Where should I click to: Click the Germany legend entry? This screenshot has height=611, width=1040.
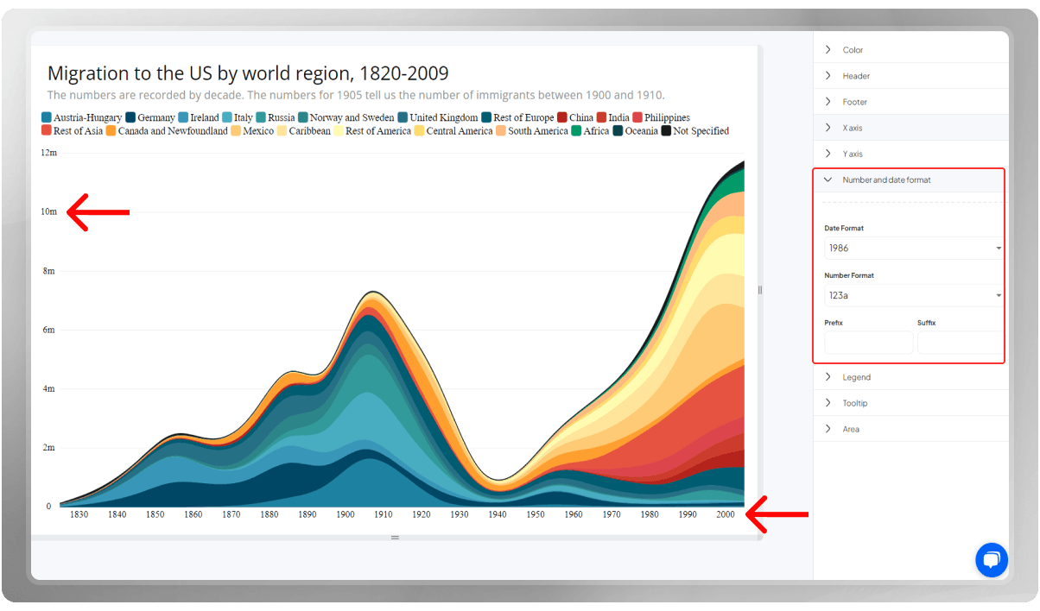pos(150,117)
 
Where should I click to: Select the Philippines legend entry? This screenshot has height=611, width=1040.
pos(661,117)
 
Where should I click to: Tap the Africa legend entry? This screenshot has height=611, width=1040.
pos(590,131)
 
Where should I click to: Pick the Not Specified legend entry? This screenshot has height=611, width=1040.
pos(695,131)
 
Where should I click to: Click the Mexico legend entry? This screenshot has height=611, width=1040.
pos(252,131)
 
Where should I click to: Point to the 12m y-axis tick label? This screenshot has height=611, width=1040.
pos(48,153)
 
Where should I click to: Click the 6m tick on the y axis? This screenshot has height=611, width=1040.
pos(49,330)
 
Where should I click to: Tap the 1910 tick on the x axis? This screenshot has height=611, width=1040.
pos(383,514)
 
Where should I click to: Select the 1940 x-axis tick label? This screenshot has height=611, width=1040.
pos(497,514)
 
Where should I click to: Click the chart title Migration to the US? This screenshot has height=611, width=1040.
pos(248,73)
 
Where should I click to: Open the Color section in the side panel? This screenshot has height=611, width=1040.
pos(853,50)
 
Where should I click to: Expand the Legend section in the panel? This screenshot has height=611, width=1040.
pos(856,377)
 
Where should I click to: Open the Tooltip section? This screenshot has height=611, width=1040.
pos(854,403)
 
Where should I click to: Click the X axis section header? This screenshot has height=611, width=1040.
pos(852,128)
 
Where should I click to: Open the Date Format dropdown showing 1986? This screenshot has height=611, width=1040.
pos(913,249)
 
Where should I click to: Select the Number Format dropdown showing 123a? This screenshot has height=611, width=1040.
pos(913,295)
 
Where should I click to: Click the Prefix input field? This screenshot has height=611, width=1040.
pos(868,343)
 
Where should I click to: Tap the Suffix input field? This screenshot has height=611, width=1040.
pos(960,343)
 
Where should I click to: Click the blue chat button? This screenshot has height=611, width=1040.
pos(992,560)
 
